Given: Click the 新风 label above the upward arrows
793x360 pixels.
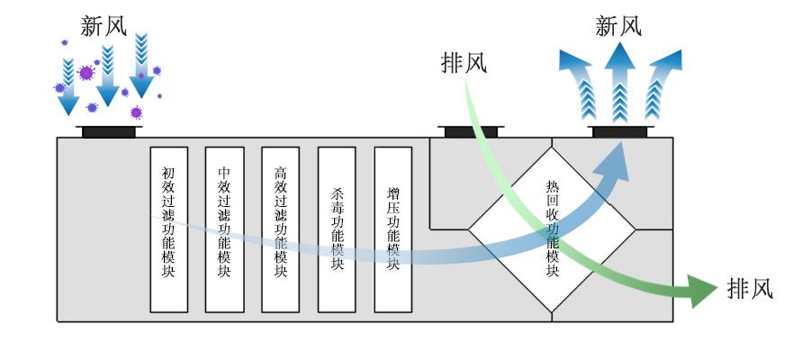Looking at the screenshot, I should pyautogui.click(x=618, y=26).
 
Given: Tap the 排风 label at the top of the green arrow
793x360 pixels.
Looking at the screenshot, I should pyautogui.click(x=464, y=63).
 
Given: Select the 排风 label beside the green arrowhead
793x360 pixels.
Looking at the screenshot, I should pyautogui.click(x=749, y=289).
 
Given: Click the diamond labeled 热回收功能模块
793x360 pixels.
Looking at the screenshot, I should pyautogui.click(x=553, y=230).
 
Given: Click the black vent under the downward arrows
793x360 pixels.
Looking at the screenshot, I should pyautogui.click(x=109, y=131).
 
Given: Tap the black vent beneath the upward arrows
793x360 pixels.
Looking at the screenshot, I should pyautogui.click(x=619, y=131).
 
